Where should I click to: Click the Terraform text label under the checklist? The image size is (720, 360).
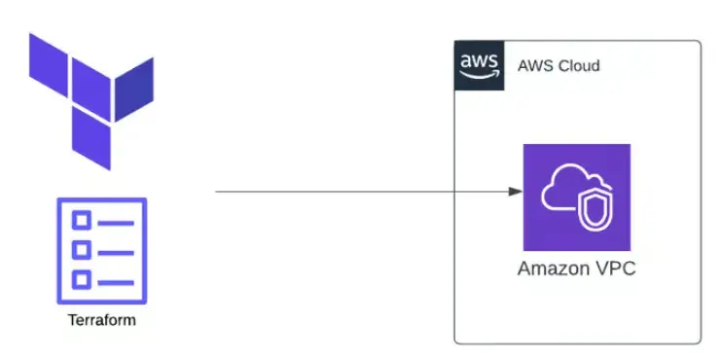[101, 320]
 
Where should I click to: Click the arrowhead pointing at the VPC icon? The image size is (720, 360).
[515, 192]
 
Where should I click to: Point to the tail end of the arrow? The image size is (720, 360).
[217, 192]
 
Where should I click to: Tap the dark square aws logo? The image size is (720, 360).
[480, 64]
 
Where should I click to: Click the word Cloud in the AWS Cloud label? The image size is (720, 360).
[579, 66]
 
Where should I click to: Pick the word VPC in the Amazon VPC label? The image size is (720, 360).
[614, 269]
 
